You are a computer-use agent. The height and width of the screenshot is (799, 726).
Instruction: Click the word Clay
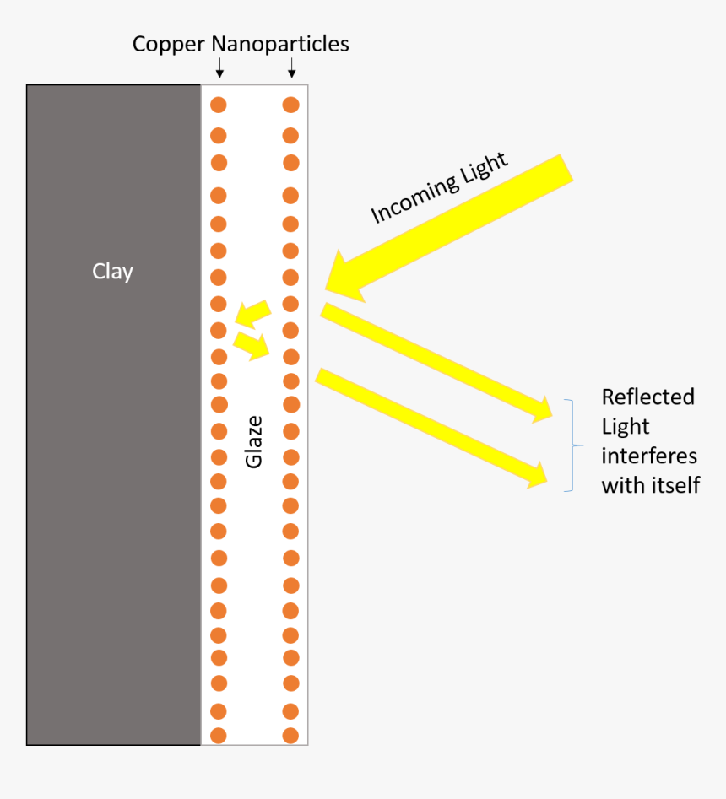click(x=112, y=272)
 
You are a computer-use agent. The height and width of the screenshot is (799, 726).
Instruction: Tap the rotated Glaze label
click(x=254, y=441)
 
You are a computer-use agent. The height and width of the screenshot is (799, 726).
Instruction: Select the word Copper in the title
click(x=165, y=44)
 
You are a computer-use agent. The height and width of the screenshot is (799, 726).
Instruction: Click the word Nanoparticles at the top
click(x=276, y=44)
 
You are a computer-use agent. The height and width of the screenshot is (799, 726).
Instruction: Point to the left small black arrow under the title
click(x=219, y=67)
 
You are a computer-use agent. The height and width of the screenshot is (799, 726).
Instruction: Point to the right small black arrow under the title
click(x=291, y=67)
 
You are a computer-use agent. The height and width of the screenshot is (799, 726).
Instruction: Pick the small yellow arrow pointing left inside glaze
click(x=252, y=313)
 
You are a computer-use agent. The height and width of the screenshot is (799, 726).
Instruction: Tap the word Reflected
click(x=647, y=397)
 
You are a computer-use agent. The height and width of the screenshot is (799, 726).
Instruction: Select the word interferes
click(x=649, y=456)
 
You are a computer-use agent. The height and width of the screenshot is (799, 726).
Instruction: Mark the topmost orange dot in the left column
click(x=219, y=105)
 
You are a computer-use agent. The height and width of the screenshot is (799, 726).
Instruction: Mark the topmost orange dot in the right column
click(x=290, y=105)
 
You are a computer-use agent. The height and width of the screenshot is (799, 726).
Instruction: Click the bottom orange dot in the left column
click(x=219, y=735)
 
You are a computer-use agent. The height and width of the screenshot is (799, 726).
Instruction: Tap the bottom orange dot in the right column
click(x=290, y=735)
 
